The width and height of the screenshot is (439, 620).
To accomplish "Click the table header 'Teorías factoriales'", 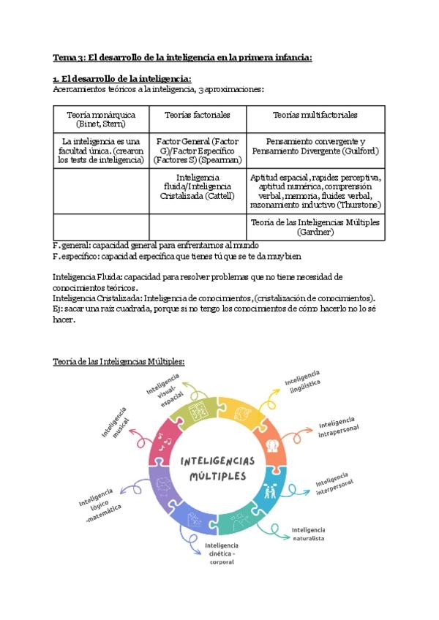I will (x=197, y=115).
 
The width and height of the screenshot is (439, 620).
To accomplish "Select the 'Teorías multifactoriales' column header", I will (x=315, y=115).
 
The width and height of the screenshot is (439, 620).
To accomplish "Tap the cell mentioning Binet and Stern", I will (x=101, y=119).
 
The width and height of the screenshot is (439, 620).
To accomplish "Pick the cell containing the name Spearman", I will (x=197, y=150).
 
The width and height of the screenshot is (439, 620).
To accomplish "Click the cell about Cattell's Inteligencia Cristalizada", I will (x=197, y=186).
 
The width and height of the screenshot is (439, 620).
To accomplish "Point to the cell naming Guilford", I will (x=315, y=145).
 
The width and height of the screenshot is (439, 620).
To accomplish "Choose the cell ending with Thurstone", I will (x=315, y=191).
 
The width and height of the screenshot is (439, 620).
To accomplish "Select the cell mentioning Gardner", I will (x=315, y=227).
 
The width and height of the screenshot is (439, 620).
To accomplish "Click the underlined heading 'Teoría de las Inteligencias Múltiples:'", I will (x=119, y=361).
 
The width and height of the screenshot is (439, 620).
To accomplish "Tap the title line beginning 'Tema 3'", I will (x=183, y=57).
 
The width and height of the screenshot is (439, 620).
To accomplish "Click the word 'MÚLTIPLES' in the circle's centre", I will (x=217, y=476).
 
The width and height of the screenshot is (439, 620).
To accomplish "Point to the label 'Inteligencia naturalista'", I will (x=308, y=534).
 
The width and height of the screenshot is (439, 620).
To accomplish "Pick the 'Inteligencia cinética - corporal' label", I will (x=222, y=553).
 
